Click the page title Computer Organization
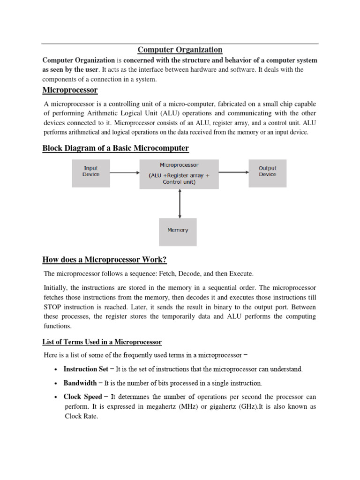point(180,50)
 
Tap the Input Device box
point(91,171)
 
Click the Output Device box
point(267,171)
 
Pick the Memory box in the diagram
point(178,230)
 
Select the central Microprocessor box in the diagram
point(179,174)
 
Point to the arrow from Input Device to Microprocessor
point(124,172)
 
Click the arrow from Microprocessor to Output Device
point(233,172)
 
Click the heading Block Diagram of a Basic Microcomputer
point(116,149)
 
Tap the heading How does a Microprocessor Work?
point(105,260)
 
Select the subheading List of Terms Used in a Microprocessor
point(102,343)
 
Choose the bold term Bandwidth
point(80,383)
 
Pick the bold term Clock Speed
point(82,397)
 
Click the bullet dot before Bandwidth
point(56,383)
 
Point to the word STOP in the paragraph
point(53,307)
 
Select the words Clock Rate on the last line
point(80,416)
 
